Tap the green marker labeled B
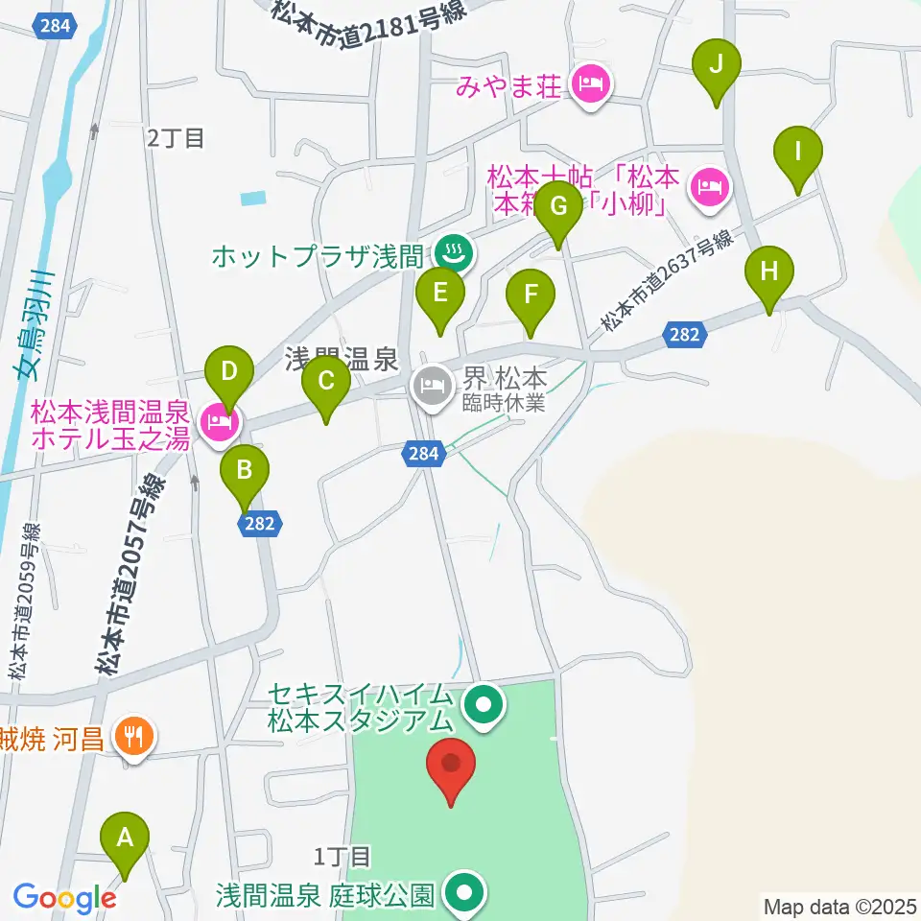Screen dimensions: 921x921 click(x=245, y=471)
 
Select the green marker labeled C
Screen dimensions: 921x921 click(x=326, y=383)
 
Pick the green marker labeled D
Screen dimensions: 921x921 click(x=228, y=371)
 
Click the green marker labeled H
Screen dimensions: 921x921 click(x=769, y=272)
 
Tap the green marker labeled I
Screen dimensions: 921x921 click(x=798, y=153)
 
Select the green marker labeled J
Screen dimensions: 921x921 click(x=717, y=66)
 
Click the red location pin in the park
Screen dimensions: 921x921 click(x=452, y=765)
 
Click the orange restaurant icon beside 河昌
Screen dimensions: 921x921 click(x=132, y=737)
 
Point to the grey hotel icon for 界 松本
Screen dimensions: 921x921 click(x=429, y=388)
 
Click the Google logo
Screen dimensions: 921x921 click(x=64, y=898)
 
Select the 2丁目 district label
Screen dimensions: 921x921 click(x=177, y=138)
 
